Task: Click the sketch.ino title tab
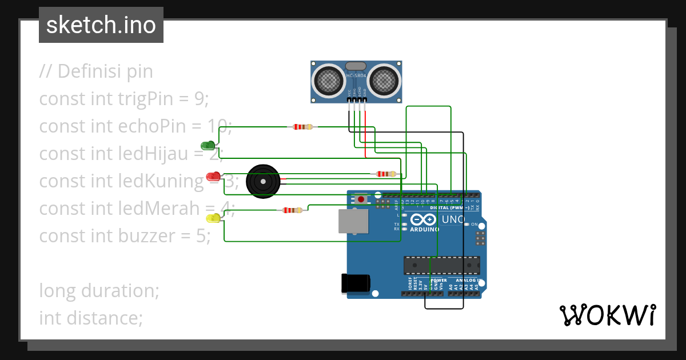pyautogui.click(x=101, y=25)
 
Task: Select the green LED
pyautogui.click(x=208, y=145)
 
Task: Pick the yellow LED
pyautogui.click(x=213, y=218)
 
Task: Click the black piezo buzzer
pyautogui.click(x=263, y=181)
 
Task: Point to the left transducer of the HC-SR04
pyautogui.click(x=328, y=81)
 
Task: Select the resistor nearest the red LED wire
pyautogui.click(x=385, y=174)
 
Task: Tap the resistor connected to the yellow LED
pyautogui.click(x=292, y=210)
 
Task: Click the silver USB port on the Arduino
pyautogui.click(x=353, y=221)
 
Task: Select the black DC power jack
pyautogui.click(x=356, y=284)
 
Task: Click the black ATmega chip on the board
pyautogui.click(x=441, y=266)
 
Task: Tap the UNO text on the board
pyautogui.click(x=453, y=219)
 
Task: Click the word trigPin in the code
pyautogui.click(x=151, y=99)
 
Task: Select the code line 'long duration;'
pyautogui.click(x=99, y=290)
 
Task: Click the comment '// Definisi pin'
pyautogui.click(x=96, y=71)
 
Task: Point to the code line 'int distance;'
pyautogui.click(x=91, y=317)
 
